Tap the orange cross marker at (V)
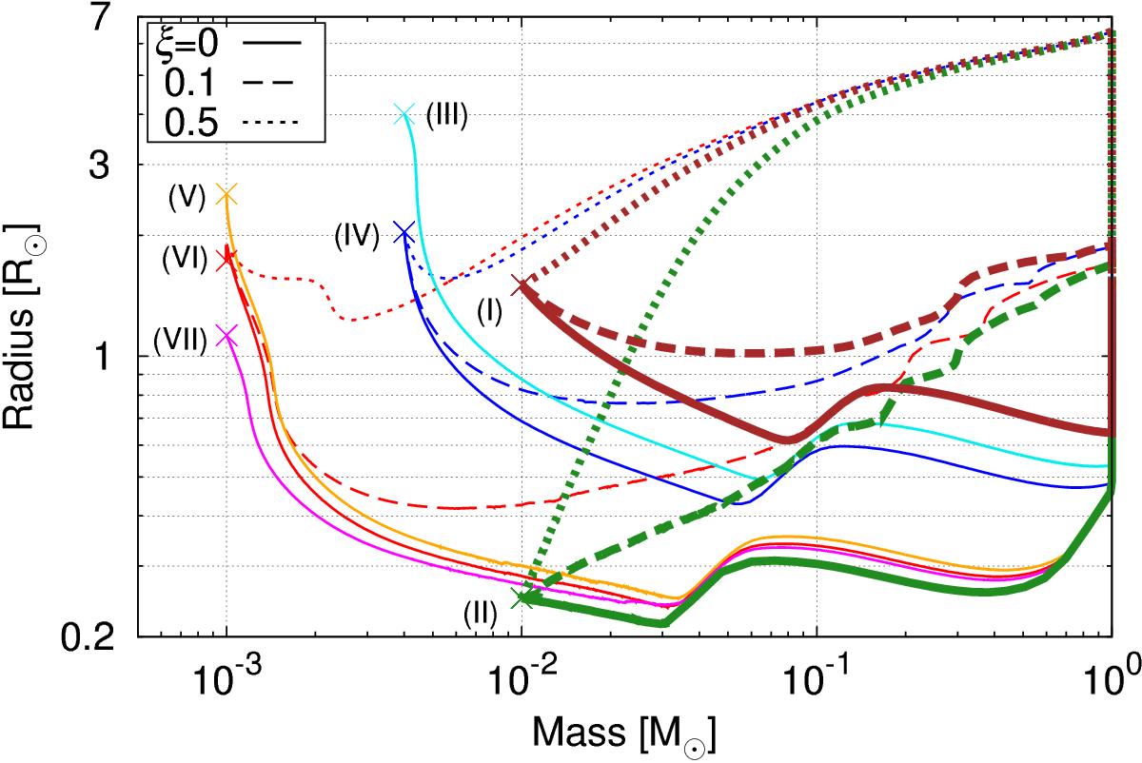pos(226,194)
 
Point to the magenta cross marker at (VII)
pos(226,334)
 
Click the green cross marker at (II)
pos(521,597)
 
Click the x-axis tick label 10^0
pos(1110,675)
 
